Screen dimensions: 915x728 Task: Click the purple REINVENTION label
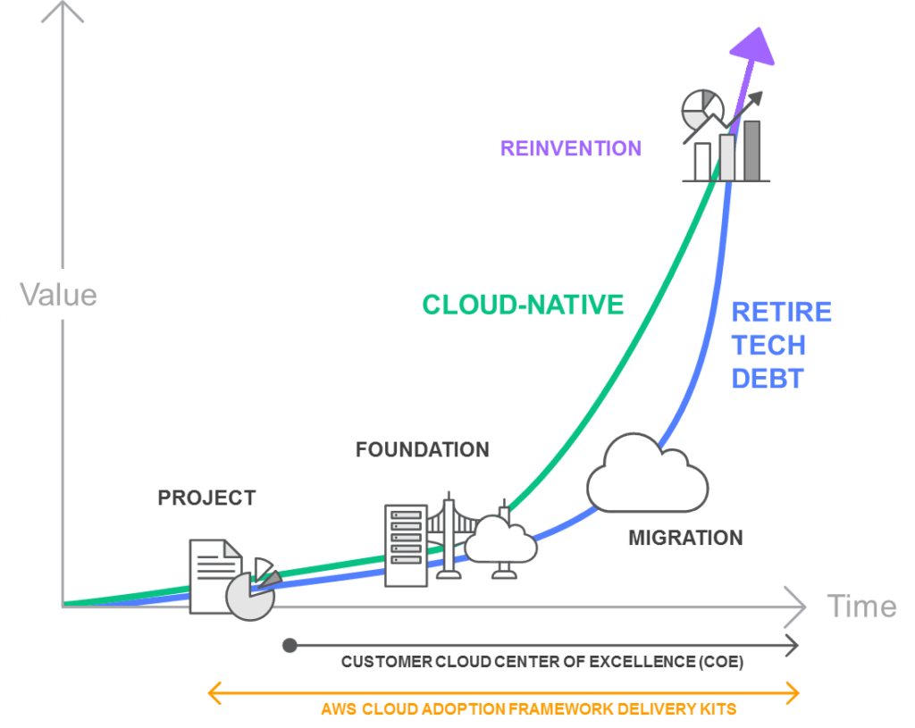(571, 148)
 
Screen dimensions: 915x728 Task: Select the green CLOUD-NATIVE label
(523, 305)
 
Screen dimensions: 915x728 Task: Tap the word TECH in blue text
(768, 346)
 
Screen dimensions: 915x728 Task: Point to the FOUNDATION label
(423, 449)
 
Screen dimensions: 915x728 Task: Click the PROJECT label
(206, 498)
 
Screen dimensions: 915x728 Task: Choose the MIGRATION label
(685, 538)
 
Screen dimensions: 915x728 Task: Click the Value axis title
(58, 295)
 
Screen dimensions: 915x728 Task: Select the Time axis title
(862, 607)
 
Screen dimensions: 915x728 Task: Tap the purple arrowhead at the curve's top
(754, 46)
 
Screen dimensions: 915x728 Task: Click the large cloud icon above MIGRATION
(647, 473)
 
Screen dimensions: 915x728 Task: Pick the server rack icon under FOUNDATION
(407, 546)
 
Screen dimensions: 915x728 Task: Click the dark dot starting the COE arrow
(290, 645)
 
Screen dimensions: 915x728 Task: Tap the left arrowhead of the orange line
(214, 693)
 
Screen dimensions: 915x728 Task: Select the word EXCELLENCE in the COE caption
(642, 662)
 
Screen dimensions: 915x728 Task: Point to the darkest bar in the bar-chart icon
(751, 150)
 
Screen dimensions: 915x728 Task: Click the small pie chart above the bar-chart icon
(702, 110)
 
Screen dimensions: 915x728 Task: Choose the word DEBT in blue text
(768, 379)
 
